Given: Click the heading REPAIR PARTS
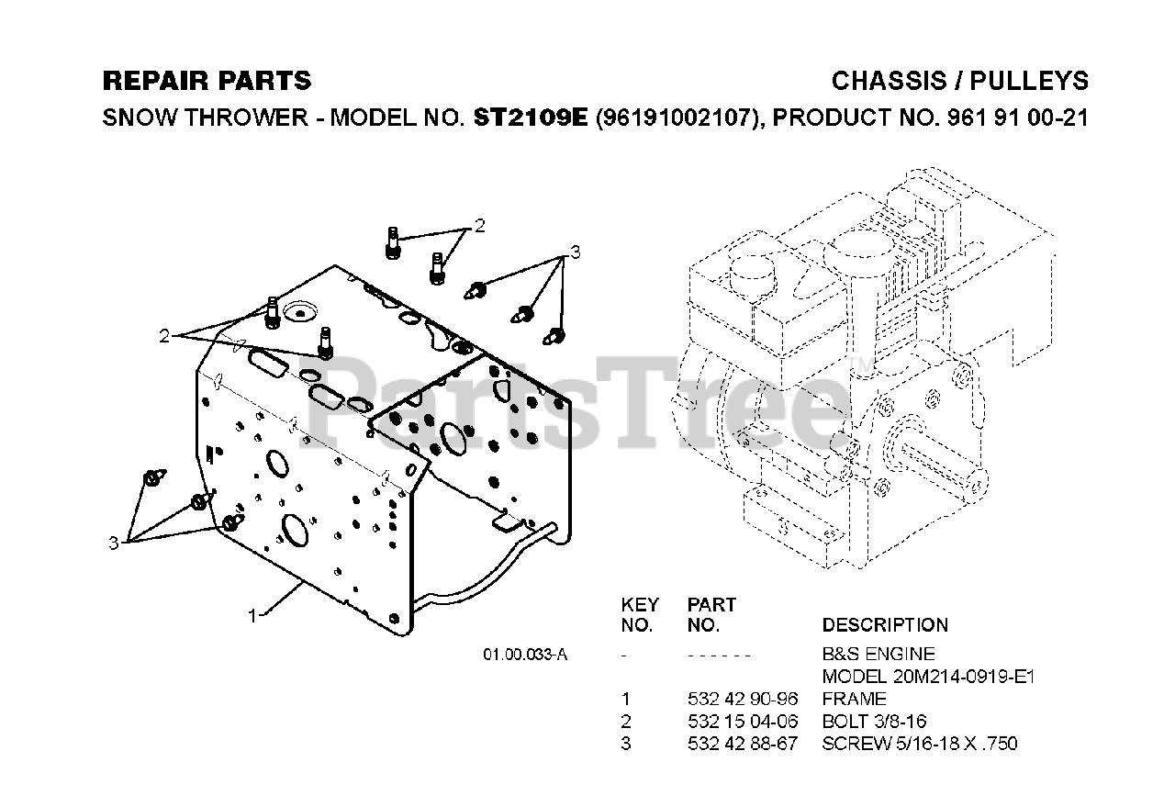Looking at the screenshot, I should (x=207, y=81).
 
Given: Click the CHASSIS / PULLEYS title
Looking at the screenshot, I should (x=959, y=81).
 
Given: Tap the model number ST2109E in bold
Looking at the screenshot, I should (x=531, y=118).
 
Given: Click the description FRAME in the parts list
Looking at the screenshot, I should (x=853, y=699).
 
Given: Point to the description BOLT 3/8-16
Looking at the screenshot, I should (x=880, y=721).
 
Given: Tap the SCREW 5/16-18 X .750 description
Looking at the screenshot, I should (x=919, y=743).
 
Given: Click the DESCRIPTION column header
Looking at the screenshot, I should (x=885, y=625).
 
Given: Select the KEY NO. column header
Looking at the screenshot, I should (x=640, y=615).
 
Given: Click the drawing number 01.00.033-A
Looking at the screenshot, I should (x=525, y=655).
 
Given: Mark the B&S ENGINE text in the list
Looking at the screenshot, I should (x=878, y=655).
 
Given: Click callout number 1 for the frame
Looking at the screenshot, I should (x=252, y=616).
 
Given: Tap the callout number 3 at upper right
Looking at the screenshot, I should (x=576, y=252).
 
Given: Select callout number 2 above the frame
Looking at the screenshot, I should (x=479, y=225).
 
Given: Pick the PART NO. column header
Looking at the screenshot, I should (x=711, y=615).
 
